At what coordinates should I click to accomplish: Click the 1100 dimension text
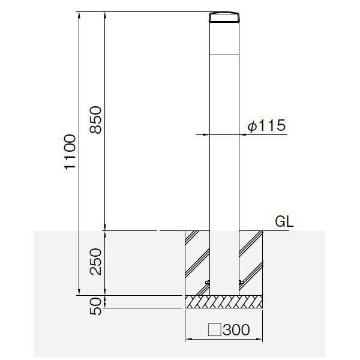[70, 152]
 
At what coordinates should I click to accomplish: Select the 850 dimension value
[95, 120]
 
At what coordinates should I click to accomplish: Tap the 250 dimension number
[95, 262]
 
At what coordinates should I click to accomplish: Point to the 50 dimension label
[95, 306]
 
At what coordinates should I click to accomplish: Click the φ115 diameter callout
[266, 125]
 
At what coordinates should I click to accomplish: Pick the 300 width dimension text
[236, 329]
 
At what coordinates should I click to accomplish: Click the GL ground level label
[284, 221]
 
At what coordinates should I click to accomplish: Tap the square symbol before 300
[214, 329]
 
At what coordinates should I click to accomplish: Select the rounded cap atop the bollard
[224, 17]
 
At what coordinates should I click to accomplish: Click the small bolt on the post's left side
[208, 283]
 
